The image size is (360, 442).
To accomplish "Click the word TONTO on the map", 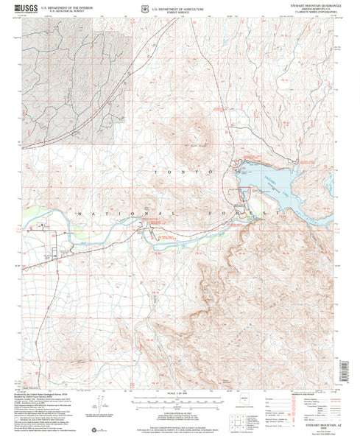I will coord(181,171).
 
